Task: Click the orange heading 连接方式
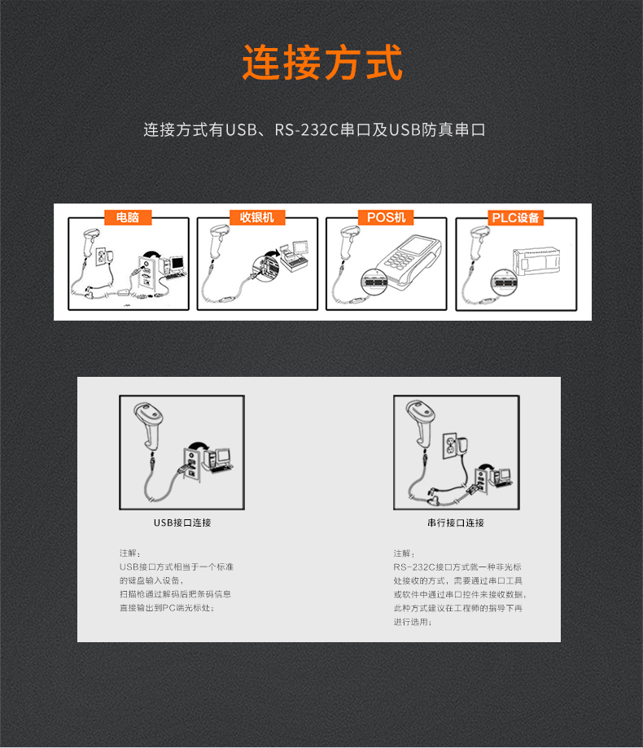[x=322, y=63]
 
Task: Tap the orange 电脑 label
[x=128, y=217]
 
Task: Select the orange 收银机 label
[x=257, y=217]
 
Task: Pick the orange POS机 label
[x=386, y=217]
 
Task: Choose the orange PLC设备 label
[x=515, y=217]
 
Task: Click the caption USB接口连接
[x=182, y=523]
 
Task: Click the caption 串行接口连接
[x=456, y=523]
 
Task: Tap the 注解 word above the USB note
[x=130, y=553]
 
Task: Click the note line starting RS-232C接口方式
[x=457, y=566]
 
